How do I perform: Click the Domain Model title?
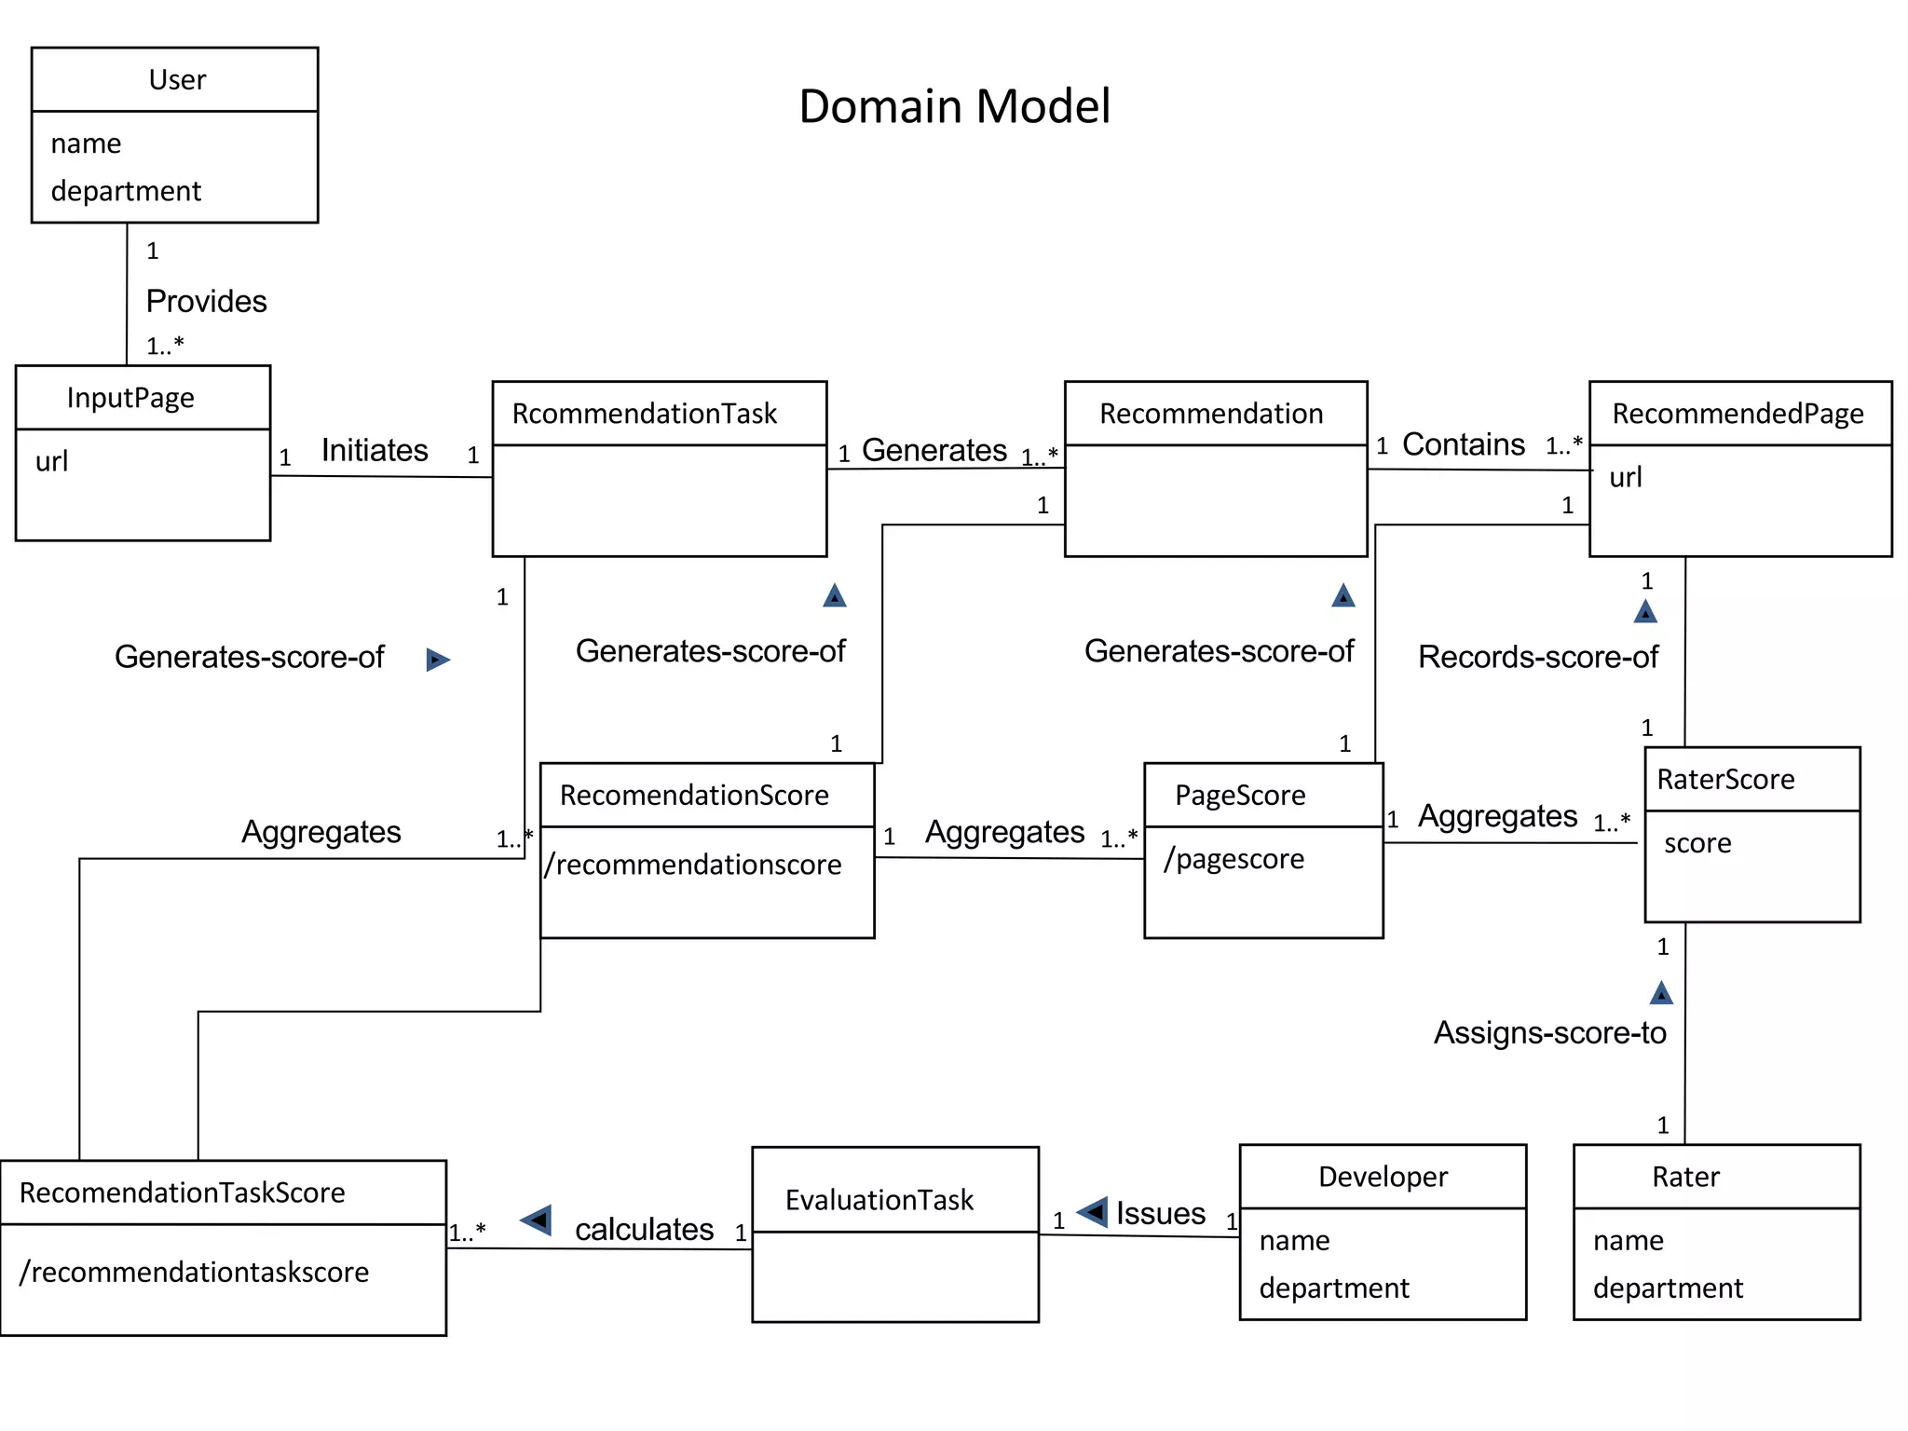click(x=954, y=106)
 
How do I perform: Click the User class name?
click(x=177, y=80)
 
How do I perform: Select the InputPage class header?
click(x=130, y=398)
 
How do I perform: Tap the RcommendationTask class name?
click(x=644, y=414)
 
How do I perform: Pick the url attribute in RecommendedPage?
click(x=1625, y=478)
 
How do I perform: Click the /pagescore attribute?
click(x=1233, y=859)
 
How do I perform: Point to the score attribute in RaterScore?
click(x=1697, y=843)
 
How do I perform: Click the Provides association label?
click(x=206, y=302)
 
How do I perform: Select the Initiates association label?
click(x=375, y=451)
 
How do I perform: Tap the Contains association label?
click(x=1463, y=445)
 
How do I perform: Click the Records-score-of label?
click(x=1537, y=658)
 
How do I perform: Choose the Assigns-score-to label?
click(x=1549, y=1033)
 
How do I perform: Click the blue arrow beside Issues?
click(x=1093, y=1212)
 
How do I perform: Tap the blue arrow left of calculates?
click(x=537, y=1220)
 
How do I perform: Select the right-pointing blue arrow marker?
click(x=437, y=661)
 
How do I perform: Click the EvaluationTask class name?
click(x=879, y=1200)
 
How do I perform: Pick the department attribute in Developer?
click(x=1333, y=1288)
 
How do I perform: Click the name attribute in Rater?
click(x=1628, y=1241)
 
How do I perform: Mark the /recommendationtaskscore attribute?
click(x=194, y=1273)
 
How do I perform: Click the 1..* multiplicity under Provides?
click(x=165, y=347)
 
